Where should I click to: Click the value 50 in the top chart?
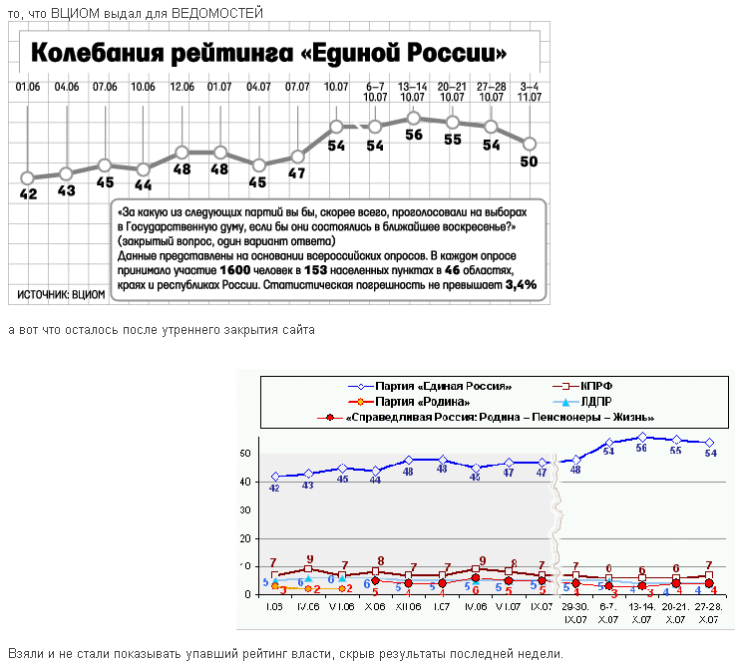pyautogui.click(x=530, y=162)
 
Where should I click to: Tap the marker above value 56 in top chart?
pyautogui.click(x=414, y=119)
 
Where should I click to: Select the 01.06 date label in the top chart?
pyautogui.click(x=28, y=87)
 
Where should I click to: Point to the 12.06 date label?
pyautogui.click(x=182, y=87)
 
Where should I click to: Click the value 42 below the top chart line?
pyautogui.click(x=28, y=193)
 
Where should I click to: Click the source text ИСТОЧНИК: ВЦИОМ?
pyautogui.click(x=62, y=294)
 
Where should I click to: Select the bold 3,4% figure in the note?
pyautogui.click(x=522, y=284)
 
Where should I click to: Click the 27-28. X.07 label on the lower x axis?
pyautogui.click(x=708, y=611)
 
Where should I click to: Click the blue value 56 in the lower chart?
pyautogui.click(x=641, y=449)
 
